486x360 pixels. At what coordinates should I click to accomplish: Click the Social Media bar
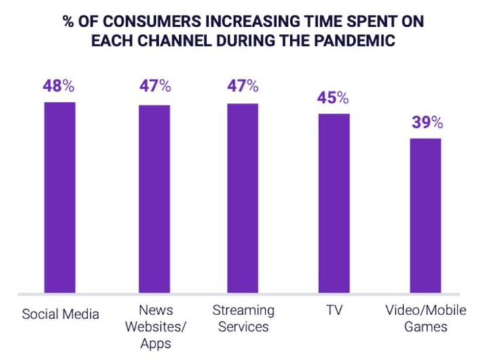coord(60,198)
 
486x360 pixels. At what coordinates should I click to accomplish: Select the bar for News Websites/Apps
coord(155,199)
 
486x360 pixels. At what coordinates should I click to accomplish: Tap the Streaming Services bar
coord(243,198)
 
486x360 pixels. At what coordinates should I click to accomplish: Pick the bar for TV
coord(335,204)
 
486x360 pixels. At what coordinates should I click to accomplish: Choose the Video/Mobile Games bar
coord(426,216)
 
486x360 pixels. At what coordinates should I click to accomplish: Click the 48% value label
coord(60,88)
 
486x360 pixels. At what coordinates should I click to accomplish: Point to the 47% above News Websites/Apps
coord(155,87)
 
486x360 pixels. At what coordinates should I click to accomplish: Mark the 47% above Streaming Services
coord(243,86)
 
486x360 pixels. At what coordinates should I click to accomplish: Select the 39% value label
coord(426,123)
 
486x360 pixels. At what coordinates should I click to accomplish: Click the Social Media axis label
coord(60,314)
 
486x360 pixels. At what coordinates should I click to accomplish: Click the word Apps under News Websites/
coord(155,344)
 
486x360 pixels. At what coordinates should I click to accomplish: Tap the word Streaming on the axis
coord(243,310)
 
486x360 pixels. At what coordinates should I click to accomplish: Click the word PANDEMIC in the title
coord(352,40)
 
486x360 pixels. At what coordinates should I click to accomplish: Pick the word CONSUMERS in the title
coord(142,20)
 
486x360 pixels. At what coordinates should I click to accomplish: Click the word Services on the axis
coord(243,327)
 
